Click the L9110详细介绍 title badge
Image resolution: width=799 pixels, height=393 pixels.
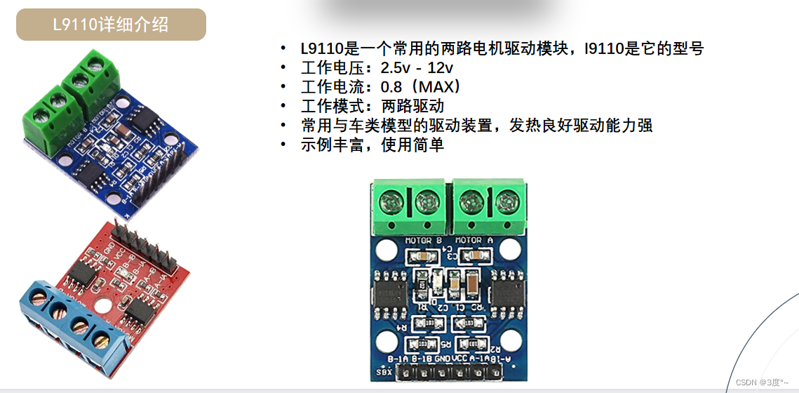111,25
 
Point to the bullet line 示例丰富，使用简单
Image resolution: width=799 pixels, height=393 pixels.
372,145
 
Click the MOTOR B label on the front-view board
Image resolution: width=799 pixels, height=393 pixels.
424,241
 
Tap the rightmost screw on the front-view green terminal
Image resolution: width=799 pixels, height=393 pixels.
505,203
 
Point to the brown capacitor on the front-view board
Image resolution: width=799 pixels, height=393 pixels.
472,284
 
